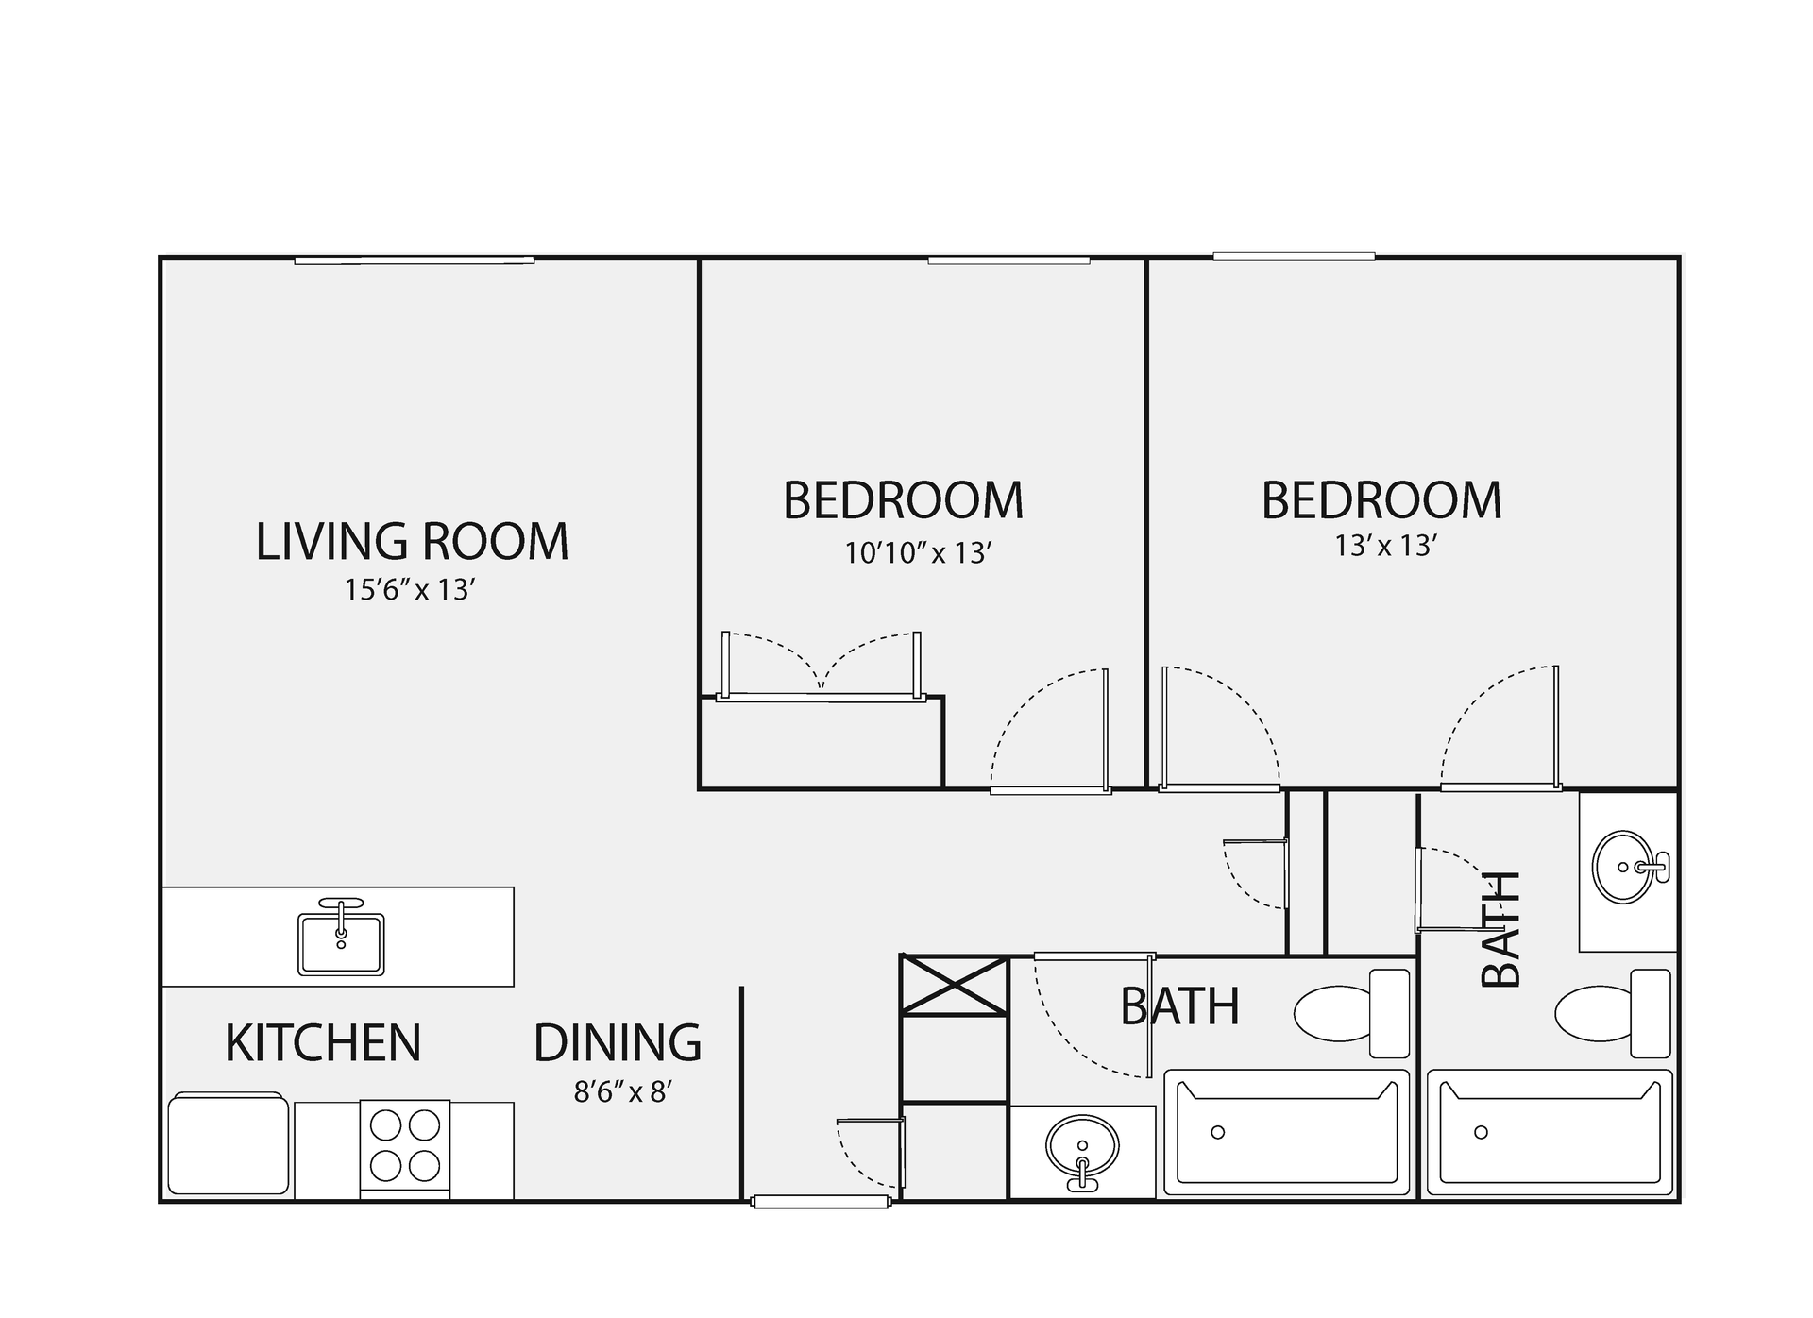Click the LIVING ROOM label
[412, 542]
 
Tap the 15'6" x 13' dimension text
[408, 590]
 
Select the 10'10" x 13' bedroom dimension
[916, 552]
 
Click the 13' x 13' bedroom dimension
[1385, 546]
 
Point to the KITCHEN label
[323, 1043]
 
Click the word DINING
[618, 1043]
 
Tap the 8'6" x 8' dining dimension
[622, 1092]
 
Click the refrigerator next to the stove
[229, 1144]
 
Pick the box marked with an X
[954, 985]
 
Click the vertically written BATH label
[1500, 929]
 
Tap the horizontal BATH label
[1179, 1006]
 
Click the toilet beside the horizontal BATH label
[1350, 1013]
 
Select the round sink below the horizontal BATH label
[1082, 1149]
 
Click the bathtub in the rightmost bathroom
[1549, 1131]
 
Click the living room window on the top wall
[414, 261]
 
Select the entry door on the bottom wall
[821, 1202]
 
